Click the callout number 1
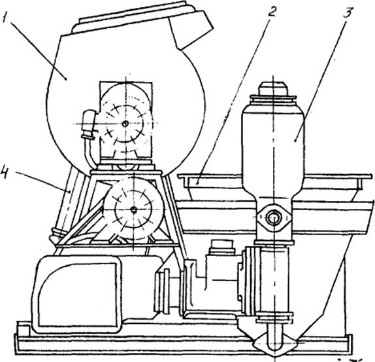tap(6, 17)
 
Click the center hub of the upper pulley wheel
tap(125, 124)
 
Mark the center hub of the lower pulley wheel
tap(134, 210)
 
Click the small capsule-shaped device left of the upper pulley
tap(89, 124)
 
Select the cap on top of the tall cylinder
tap(273, 88)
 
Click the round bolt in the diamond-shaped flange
tap(273, 218)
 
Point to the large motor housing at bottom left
tap(76, 294)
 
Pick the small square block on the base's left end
tap(23, 329)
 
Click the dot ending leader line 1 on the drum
tap(66, 78)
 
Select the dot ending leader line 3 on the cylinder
tap(296, 141)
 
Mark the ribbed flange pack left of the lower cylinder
tap(249, 281)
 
